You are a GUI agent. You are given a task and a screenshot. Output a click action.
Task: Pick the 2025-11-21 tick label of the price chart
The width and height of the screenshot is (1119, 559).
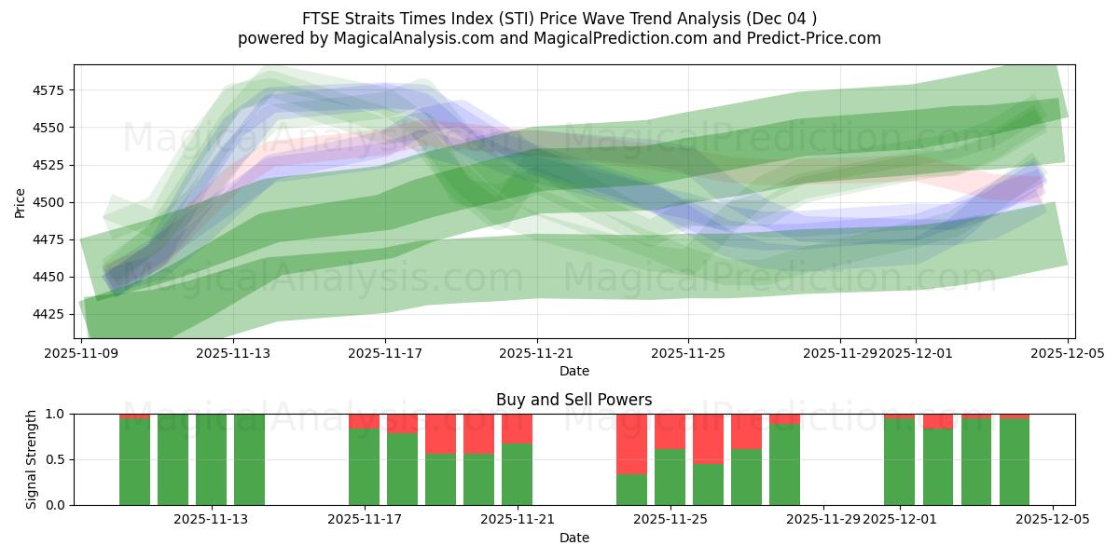(537, 354)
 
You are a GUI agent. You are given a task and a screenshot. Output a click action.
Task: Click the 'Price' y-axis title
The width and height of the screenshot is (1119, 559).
(21, 202)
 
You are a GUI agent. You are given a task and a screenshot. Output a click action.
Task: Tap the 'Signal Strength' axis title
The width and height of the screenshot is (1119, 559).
(32, 459)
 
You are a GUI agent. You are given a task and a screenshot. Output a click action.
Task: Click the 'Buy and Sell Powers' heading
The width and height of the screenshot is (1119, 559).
(573, 401)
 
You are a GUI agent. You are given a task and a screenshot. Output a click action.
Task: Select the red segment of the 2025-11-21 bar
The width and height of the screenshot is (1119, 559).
(517, 428)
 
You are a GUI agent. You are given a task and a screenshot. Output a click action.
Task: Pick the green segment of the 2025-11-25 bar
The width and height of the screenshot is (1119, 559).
(670, 477)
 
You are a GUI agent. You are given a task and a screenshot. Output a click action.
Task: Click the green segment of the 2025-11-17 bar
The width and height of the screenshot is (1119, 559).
(364, 467)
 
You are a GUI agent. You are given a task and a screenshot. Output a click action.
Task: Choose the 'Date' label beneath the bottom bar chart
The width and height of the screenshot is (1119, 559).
(573, 538)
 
